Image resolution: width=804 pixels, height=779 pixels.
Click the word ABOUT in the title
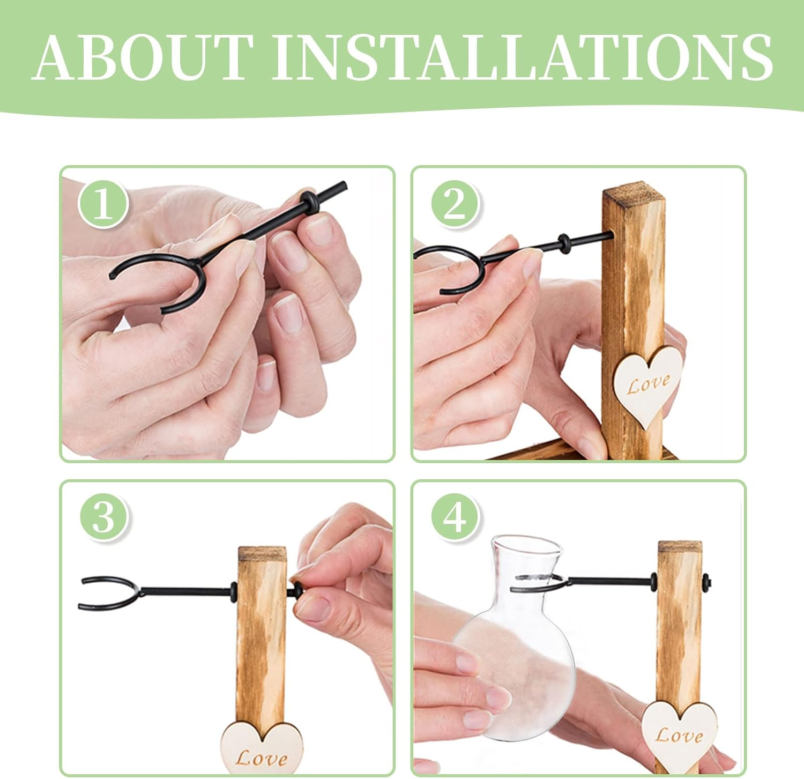(143, 57)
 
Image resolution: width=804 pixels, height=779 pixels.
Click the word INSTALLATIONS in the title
(523, 57)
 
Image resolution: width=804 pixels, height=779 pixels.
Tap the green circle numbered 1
(103, 204)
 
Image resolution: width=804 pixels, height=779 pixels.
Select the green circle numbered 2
(455, 204)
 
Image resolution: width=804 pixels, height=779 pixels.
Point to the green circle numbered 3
(104, 517)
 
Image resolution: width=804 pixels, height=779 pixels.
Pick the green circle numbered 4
(456, 517)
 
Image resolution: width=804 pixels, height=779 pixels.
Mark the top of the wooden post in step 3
(262, 553)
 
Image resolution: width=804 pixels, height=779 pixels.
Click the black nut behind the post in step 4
(706, 581)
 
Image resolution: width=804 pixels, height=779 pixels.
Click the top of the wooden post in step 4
(680, 547)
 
